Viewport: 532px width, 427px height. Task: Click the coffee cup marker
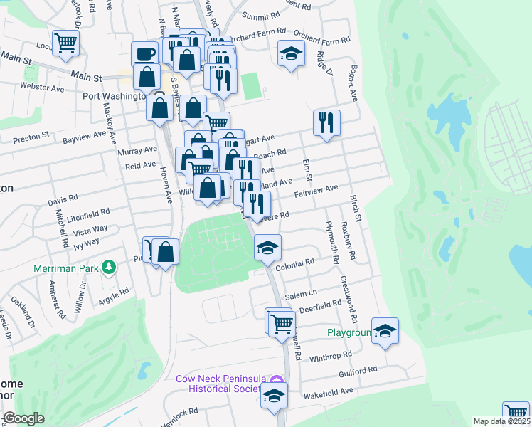[145, 54]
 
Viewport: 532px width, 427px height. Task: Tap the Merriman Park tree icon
[109, 268]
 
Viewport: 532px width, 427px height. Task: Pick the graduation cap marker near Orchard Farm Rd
[290, 53]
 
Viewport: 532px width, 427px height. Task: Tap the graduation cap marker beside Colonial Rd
[268, 247]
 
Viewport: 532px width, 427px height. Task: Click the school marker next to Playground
[385, 330]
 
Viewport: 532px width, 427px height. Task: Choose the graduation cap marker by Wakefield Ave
[274, 396]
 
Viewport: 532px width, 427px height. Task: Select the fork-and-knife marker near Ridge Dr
[326, 122]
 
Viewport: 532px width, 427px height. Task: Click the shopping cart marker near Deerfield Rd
[282, 322]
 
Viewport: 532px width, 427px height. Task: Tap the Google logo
[23, 418]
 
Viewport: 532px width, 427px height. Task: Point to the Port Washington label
[114, 96]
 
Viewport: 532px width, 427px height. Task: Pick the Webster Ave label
[43, 89]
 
